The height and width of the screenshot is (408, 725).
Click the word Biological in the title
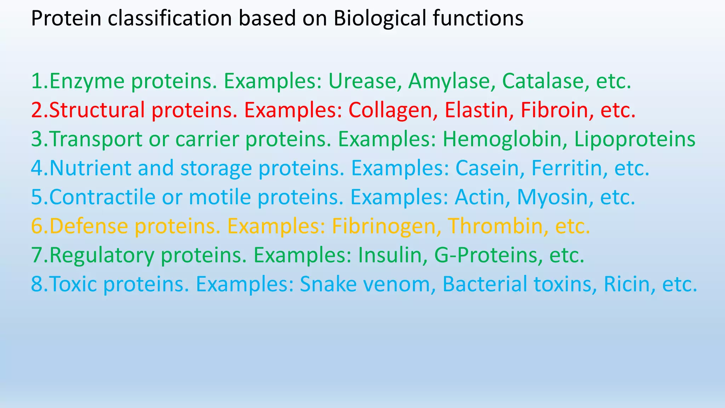coord(379,19)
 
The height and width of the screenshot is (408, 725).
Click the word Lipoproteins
coord(635,140)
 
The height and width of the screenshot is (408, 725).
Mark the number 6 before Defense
coord(37,227)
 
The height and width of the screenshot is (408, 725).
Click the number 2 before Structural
coord(37,110)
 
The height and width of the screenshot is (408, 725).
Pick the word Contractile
coord(102,198)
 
